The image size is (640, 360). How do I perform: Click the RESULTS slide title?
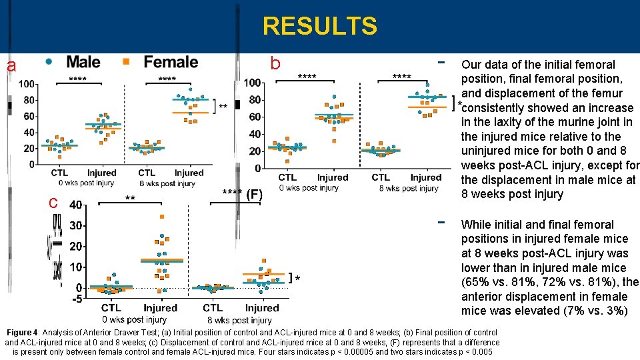[x=319, y=26]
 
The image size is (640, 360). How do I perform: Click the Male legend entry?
[x=83, y=62]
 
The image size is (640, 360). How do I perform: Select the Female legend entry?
[x=171, y=62]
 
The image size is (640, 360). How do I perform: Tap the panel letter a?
[x=11, y=66]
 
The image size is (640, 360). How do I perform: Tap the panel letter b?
[x=275, y=64]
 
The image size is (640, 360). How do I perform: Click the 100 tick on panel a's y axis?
[x=27, y=84]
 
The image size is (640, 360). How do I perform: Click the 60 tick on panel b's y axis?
[x=253, y=117]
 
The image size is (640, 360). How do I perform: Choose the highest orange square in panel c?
[x=161, y=217]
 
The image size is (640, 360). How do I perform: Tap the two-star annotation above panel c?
[x=131, y=198]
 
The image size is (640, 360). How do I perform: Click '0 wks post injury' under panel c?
[x=134, y=320]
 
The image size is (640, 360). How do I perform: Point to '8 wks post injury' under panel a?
[x=167, y=183]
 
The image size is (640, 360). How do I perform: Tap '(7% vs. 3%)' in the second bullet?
[x=587, y=311]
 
